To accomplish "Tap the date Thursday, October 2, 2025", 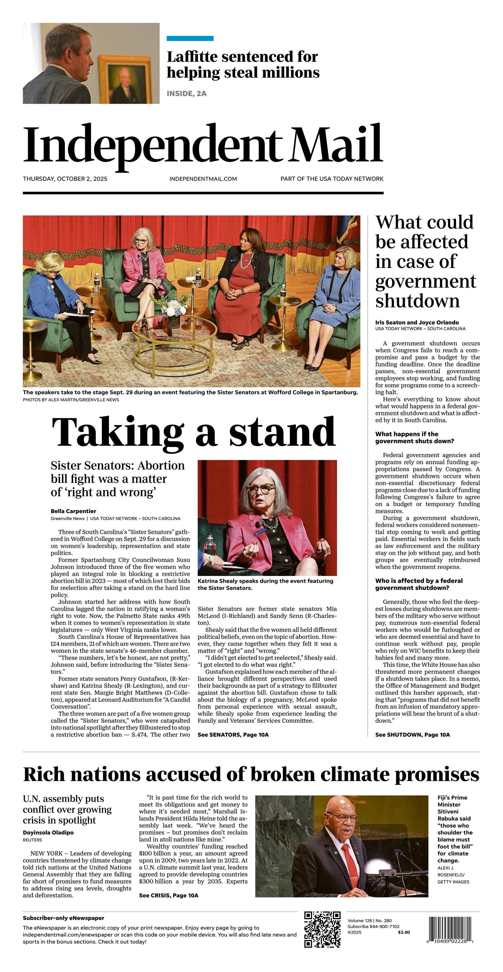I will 65,179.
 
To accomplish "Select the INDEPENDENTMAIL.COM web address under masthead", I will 203,179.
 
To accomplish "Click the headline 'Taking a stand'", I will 193,432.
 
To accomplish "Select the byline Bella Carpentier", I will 74,511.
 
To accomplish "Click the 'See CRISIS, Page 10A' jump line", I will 168,895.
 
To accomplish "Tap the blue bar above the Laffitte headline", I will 190,39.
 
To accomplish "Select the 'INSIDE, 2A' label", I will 186,94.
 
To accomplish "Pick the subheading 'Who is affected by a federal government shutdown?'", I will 419,584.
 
